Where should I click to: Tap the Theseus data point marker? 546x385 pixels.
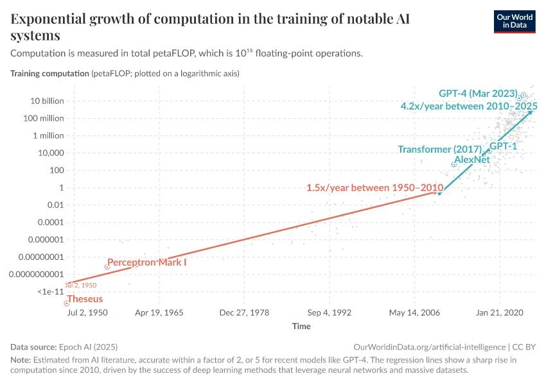pyautogui.click(x=66, y=303)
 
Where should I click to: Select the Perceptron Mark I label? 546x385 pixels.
pyautogui.click(x=147, y=262)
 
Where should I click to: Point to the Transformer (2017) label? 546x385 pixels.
pyautogui.click(x=439, y=149)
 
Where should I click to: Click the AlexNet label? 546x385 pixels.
pyautogui.click(x=472, y=159)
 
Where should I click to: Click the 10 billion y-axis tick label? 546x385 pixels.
pyautogui.click(x=45, y=101)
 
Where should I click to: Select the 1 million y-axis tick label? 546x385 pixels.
pyautogui.click(x=46, y=135)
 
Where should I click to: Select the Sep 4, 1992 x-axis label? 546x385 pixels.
pyautogui.click(x=330, y=313)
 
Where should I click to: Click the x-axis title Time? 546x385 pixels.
pyautogui.click(x=301, y=326)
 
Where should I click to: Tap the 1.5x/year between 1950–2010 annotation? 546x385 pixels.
pyautogui.click(x=375, y=187)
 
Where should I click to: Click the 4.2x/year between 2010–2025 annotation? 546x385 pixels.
pyautogui.click(x=469, y=105)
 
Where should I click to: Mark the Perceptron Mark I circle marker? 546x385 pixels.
pyautogui.click(x=107, y=266)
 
